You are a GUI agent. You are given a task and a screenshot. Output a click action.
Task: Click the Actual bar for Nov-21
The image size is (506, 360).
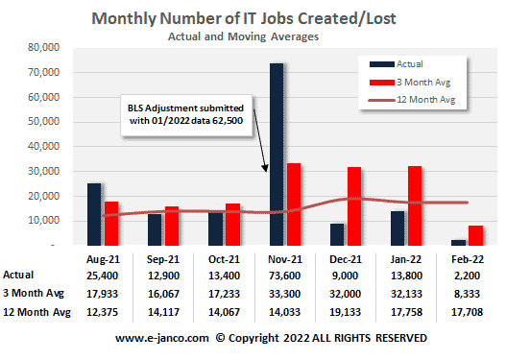point(277,154)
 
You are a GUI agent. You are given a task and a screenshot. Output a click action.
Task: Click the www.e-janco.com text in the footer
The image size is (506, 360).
point(162,338)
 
